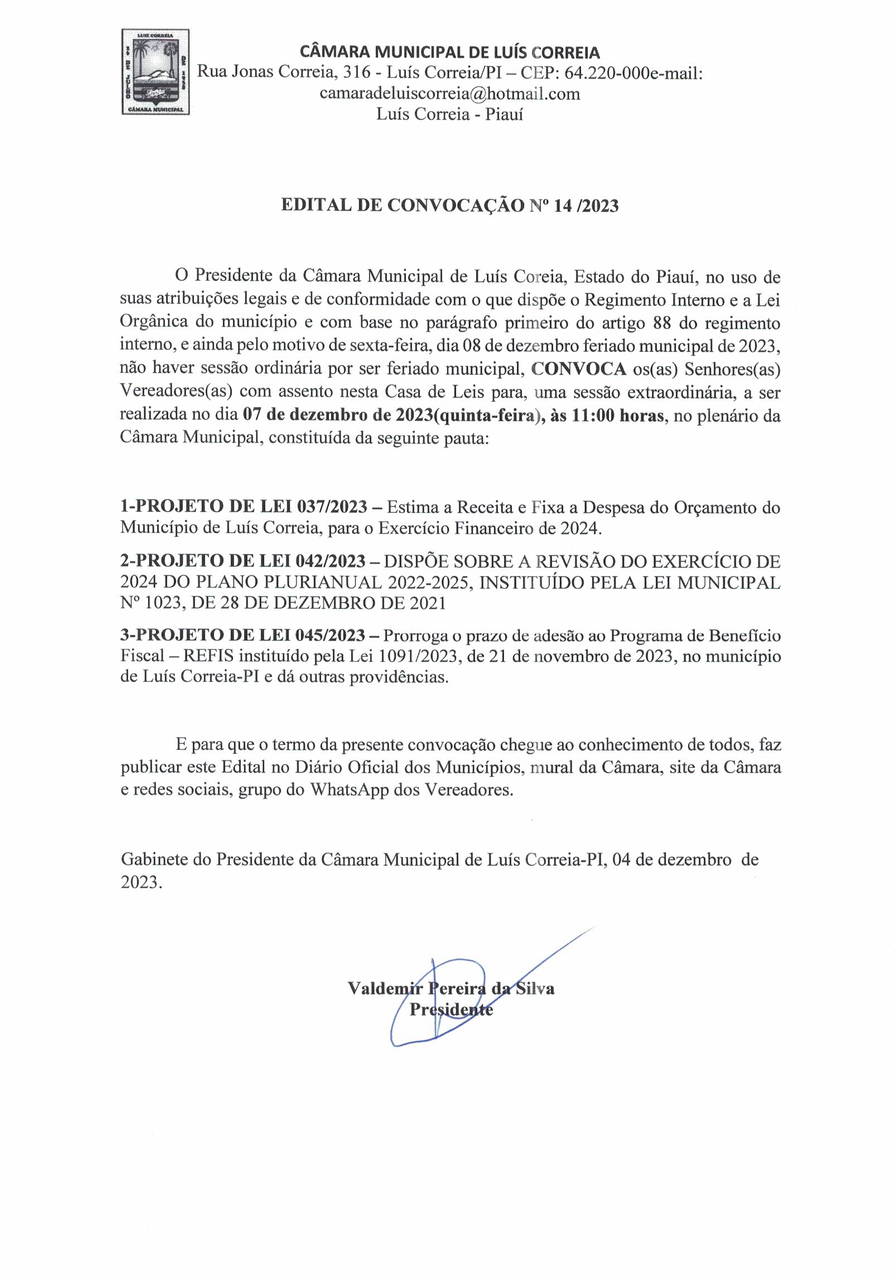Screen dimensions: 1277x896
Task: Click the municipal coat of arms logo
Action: [x=156, y=72]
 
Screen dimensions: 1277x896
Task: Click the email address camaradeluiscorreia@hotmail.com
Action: [x=450, y=93]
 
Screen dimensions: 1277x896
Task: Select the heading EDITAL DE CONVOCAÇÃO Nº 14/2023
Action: [x=450, y=205]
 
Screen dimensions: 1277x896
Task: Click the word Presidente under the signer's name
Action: [x=451, y=1009]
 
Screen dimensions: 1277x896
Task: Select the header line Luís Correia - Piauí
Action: [x=450, y=114]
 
